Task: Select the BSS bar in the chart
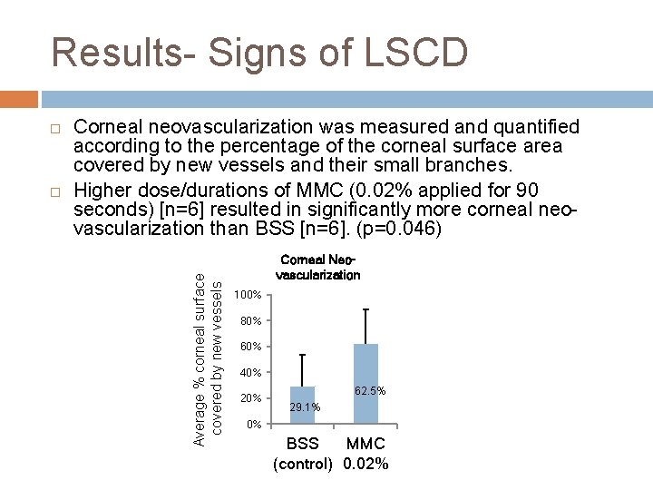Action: coord(302,405)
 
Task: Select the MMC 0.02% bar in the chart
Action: coord(365,383)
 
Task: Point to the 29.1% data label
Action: coord(305,407)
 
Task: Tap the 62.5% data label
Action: coord(370,391)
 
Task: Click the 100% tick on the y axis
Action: coord(248,296)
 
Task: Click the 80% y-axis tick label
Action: coord(250,321)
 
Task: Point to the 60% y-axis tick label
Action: coord(250,347)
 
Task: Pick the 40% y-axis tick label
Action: coord(250,373)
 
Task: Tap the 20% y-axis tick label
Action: coord(250,398)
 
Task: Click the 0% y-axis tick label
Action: coord(254,425)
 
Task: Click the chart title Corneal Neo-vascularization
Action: coord(317,267)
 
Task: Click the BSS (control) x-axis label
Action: coord(303,454)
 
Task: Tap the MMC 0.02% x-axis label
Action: coord(365,454)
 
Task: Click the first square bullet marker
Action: coord(55,127)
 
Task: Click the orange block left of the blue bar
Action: coord(19,97)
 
